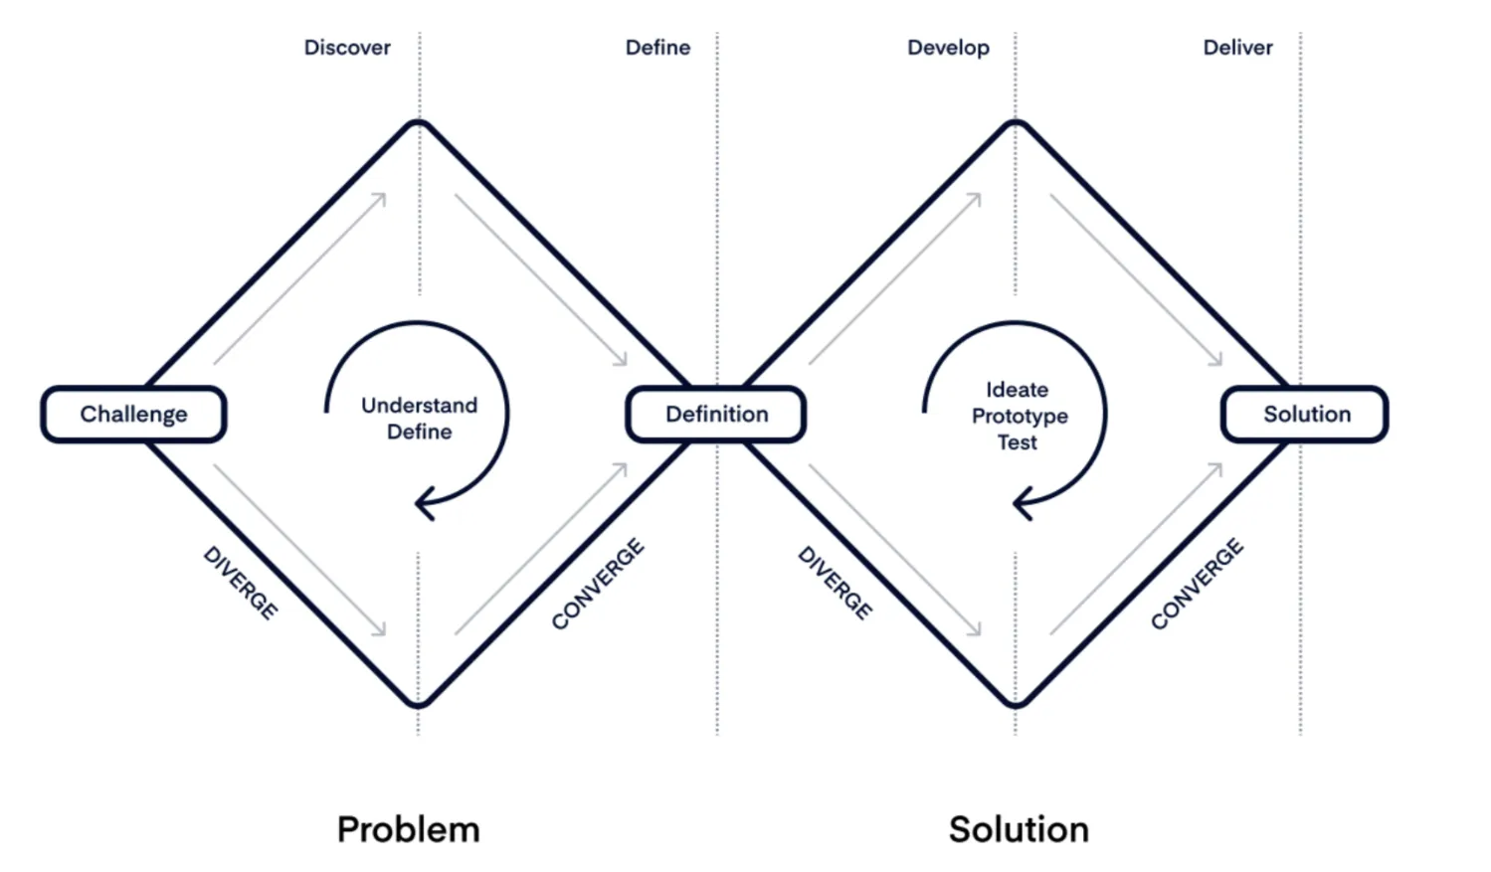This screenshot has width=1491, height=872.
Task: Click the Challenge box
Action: pyautogui.click(x=133, y=414)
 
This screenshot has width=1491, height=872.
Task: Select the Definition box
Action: pyautogui.click(x=716, y=414)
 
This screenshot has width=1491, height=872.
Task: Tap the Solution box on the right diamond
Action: pyautogui.click(x=1305, y=414)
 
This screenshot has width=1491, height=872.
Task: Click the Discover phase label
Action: pyautogui.click(x=347, y=48)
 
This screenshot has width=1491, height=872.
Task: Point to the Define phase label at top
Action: pyautogui.click(x=657, y=48)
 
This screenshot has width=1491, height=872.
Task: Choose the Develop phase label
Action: pyautogui.click(x=948, y=48)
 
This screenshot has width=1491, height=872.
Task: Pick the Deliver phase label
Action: pyautogui.click(x=1237, y=48)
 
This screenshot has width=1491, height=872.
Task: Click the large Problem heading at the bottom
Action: pyautogui.click(x=408, y=829)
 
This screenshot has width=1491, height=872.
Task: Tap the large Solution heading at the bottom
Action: pyautogui.click(x=1019, y=829)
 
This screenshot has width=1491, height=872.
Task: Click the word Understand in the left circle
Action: pyautogui.click(x=419, y=405)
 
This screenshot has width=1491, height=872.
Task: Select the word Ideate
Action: pyautogui.click(x=1017, y=390)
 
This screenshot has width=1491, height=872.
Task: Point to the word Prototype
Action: pyautogui.click(x=1020, y=416)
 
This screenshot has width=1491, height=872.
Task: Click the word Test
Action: pyautogui.click(x=1017, y=442)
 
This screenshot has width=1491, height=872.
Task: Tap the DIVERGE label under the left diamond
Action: pyautogui.click(x=241, y=583)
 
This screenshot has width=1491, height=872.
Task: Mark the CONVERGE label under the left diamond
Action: pyautogui.click(x=598, y=584)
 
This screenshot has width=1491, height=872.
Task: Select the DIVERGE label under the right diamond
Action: pyautogui.click(x=836, y=583)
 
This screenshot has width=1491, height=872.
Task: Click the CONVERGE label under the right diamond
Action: pyautogui.click(x=1197, y=584)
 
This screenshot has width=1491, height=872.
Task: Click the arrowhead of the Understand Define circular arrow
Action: pyautogui.click(x=423, y=503)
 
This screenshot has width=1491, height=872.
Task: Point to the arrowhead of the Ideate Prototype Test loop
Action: pyautogui.click(x=1021, y=503)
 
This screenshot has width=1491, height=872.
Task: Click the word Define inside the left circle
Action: pyautogui.click(x=419, y=432)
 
